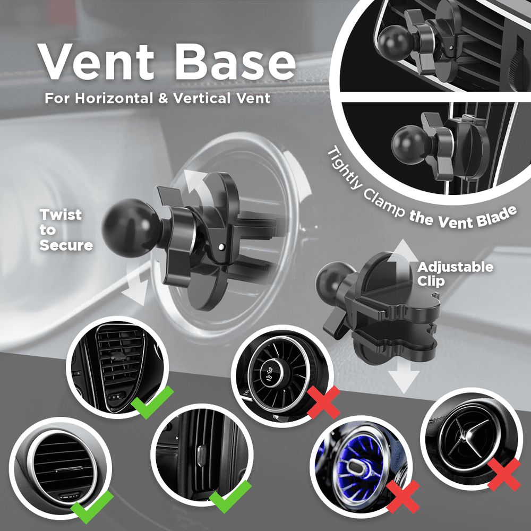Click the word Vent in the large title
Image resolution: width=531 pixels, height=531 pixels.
(x=96, y=62)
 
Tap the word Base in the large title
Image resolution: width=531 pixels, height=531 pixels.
(x=235, y=62)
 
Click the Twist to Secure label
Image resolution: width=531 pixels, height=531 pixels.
(x=66, y=230)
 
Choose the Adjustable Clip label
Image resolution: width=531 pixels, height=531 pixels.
(x=455, y=274)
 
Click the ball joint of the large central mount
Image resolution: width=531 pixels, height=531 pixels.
(x=131, y=227)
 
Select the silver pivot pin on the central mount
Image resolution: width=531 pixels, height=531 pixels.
(x=222, y=247)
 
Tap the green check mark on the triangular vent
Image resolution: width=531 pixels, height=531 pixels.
(x=152, y=402)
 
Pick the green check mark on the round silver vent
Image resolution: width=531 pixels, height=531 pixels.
(x=92, y=507)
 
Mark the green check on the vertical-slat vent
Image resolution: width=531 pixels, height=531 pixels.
(x=230, y=496)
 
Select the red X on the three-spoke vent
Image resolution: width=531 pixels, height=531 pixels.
(x=504, y=475)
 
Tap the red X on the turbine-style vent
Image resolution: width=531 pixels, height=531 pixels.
(x=323, y=402)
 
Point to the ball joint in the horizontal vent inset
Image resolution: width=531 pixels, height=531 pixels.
(x=394, y=42)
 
